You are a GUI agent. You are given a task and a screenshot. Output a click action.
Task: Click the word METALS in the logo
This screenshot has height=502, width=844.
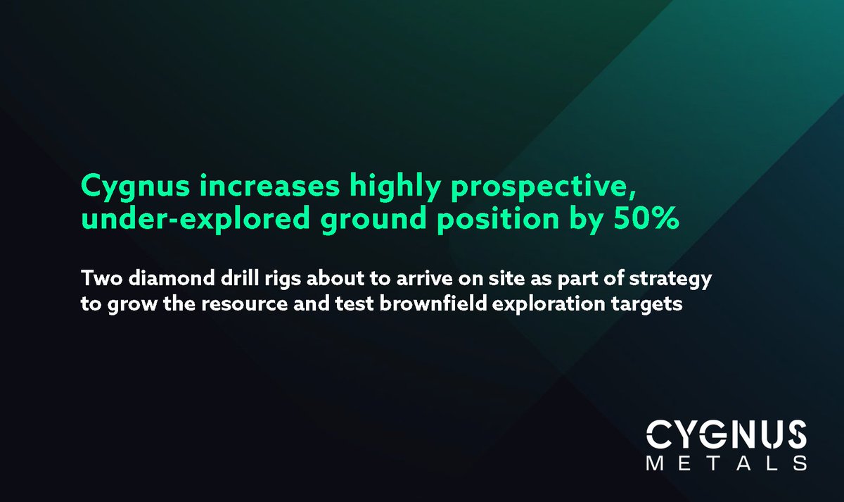(x=726, y=463)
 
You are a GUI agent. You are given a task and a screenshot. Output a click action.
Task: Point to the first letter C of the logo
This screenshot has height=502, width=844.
(x=660, y=434)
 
